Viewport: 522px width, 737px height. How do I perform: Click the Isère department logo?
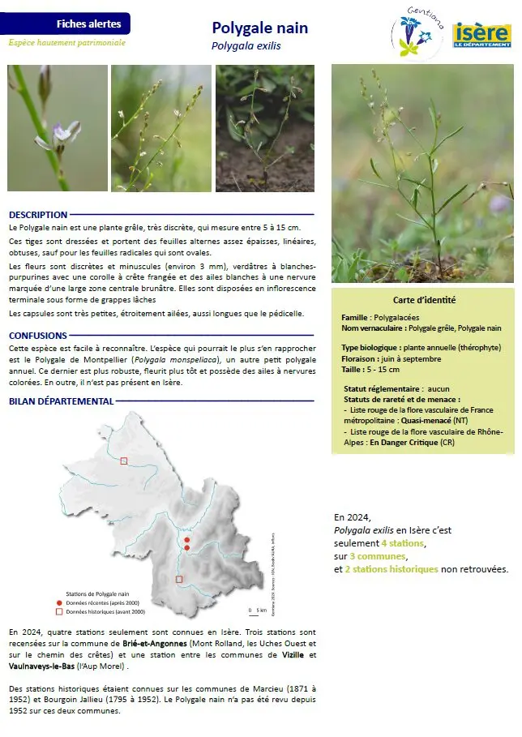481,35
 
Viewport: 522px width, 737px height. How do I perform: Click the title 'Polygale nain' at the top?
260,28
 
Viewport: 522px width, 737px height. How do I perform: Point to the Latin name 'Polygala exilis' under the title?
246,46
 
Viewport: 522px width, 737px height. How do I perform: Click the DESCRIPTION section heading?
38,215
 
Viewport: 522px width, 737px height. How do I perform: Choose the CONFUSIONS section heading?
38,335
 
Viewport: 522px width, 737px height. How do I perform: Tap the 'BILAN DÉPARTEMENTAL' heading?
62,401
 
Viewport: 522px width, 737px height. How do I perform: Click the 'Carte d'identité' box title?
421,300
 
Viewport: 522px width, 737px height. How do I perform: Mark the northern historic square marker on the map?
124,461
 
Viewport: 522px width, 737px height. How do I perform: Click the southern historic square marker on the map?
179,579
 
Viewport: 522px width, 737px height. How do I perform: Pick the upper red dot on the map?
186,539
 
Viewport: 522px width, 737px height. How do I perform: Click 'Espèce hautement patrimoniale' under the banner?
67,42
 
